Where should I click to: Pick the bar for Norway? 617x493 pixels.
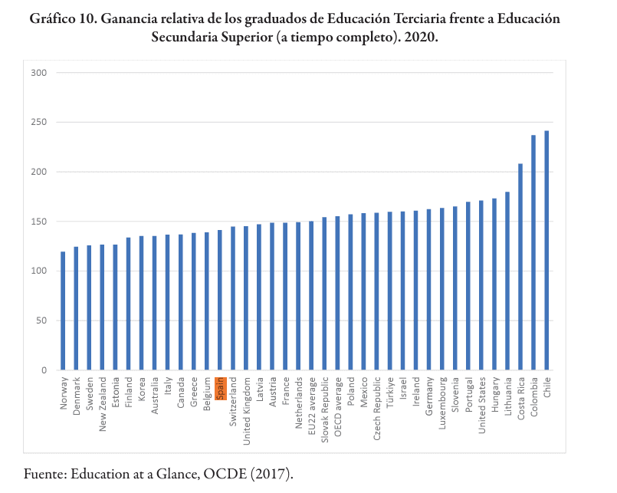[x=63, y=311]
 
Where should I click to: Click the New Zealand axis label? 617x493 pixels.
[x=102, y=405]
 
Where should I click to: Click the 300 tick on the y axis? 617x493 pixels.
[x=40, y=73]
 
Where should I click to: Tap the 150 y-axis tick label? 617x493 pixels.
[x=40, y=222]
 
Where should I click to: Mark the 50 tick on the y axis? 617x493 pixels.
[x=42, y=320]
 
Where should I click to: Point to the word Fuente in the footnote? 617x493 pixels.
[x=44, y=473]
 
